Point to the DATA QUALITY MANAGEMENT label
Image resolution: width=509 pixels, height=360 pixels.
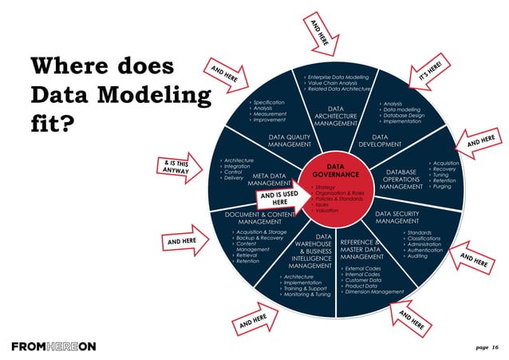(290, 140)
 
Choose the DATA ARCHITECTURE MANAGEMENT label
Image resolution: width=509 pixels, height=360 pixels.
(335, 116)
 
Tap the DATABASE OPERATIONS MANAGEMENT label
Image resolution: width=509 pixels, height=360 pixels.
(401, 179)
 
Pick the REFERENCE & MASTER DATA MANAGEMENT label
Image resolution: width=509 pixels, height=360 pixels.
(362, 249)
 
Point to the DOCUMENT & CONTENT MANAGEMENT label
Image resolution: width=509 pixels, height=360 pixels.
(253, 218)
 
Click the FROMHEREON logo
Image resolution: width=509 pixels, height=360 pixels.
(53, 346)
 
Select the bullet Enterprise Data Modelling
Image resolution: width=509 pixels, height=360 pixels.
(339, 77)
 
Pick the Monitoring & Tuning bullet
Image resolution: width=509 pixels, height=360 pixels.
(306, 295)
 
